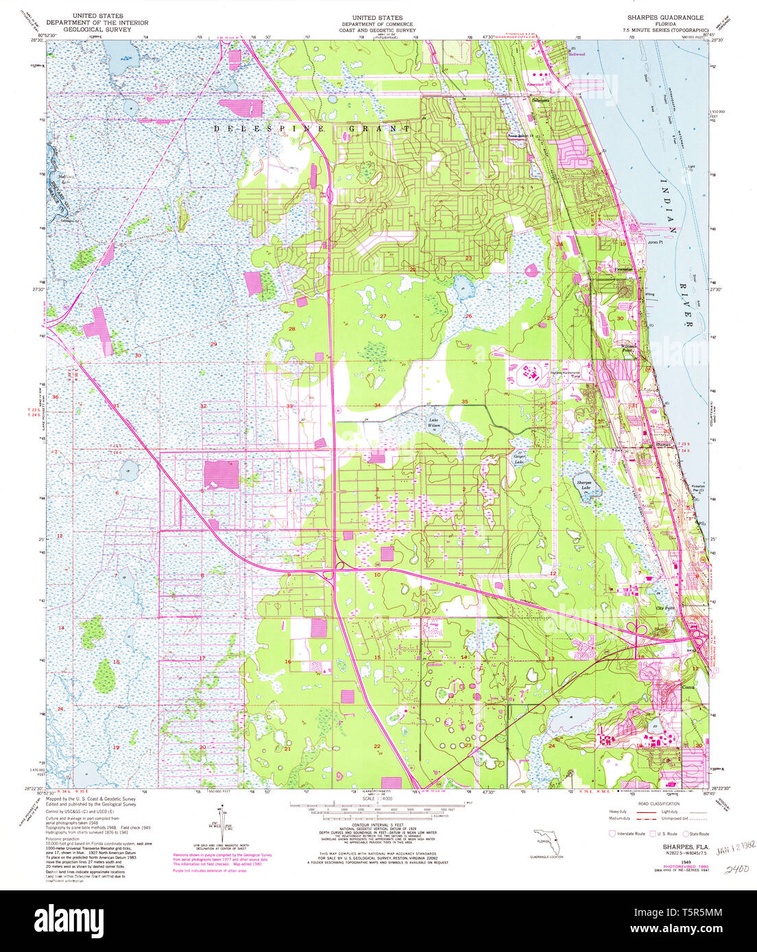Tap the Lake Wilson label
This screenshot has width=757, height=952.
433,423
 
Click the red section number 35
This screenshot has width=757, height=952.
464,401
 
